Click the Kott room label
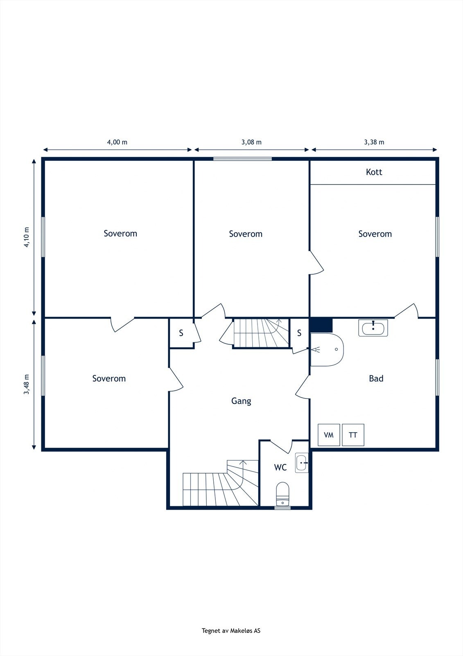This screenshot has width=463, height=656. point(374,172)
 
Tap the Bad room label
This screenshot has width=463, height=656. point(376,378)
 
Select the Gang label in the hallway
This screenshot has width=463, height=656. point(241,401)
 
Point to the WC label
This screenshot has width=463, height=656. point(280,467)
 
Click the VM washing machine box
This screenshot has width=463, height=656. point(329,435)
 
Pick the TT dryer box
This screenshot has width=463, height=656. point(353,435)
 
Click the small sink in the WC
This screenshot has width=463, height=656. point(302,463)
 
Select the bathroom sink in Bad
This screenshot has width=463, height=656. point(373,328)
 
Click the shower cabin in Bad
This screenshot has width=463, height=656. point(327,349)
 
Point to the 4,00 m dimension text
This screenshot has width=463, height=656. point(117,142)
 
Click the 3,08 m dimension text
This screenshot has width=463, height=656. point(251,142)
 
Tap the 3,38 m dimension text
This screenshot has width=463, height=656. point(374,142)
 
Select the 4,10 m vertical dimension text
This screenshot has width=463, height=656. point(27,237)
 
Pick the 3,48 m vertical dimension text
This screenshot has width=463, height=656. point(27,385)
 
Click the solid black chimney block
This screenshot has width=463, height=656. point(321,326)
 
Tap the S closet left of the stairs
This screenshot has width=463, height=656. point(181,333)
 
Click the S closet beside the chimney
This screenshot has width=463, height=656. point(299,333)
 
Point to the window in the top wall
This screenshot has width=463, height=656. point(242,159)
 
